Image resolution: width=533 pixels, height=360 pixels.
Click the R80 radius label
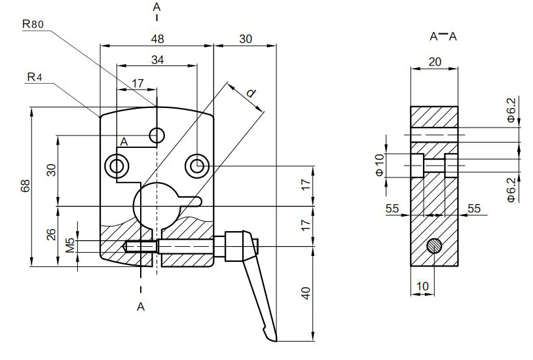coord(33,24)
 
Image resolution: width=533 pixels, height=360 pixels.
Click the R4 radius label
coord(35,77)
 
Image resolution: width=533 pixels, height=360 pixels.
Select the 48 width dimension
coord(157,39)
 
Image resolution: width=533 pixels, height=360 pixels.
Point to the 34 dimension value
coord(157,60)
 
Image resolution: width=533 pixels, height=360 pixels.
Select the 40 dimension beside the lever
coord(304,293)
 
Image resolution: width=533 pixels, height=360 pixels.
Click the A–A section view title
coord(443,37)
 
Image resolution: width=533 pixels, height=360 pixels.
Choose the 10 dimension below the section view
coord(422,286)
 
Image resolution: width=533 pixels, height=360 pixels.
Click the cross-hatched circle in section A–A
coord(433,246)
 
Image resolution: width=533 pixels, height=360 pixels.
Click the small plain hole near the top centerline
coord(156,135)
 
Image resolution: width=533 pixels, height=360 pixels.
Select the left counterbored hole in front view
coord(118,166)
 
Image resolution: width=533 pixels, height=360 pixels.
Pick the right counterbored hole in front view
coord(196,166)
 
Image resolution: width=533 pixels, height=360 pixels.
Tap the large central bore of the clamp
coord(156,205)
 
